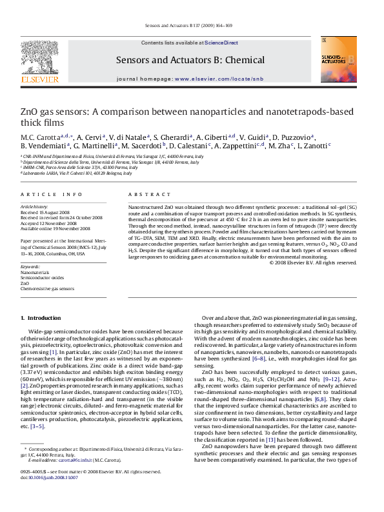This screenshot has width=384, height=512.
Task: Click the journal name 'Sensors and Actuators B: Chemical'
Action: (x=190, y=61)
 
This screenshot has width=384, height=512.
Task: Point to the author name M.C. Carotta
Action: (x=39, y=137)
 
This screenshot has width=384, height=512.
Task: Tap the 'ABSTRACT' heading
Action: (x=145, y=194)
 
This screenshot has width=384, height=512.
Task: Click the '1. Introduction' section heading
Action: (x=41, y=318)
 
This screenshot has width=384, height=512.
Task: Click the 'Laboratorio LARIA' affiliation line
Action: (x=77, y=173)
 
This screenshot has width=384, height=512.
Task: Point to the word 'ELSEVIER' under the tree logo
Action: (x=40, y=79)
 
